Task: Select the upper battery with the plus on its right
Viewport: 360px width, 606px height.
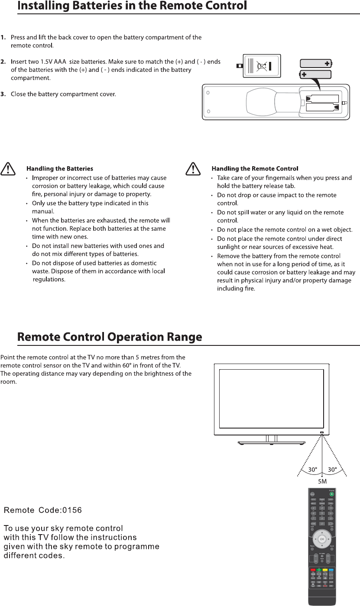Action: tap(316, 63)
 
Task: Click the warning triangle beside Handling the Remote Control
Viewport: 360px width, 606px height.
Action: tap(192, 168)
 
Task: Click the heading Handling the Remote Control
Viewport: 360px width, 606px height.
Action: tap(255, 168)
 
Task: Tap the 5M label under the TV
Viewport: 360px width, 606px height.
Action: tap(322, 481)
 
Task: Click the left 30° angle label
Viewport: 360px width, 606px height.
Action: tap(312, 470)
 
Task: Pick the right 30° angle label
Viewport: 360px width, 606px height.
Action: tap(332, 470)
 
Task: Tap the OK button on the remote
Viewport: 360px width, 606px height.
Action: tap(322, 539)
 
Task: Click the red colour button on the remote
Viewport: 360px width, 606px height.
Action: tap(312, 570)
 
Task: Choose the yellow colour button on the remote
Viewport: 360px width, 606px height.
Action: tap(325, 570)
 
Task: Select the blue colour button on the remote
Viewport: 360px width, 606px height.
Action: tap(331, 570)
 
